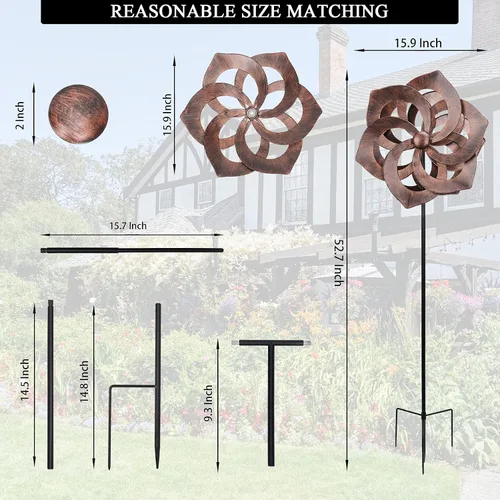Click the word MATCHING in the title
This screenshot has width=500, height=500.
coord(337,11)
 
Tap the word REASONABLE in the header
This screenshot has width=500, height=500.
coord(172,11)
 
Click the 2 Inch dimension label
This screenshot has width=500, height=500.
coord(20,116)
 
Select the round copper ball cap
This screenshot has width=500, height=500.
coord(78,114)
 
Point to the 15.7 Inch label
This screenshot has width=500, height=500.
coord(128,226)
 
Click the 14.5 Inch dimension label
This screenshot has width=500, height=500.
coord(25,379)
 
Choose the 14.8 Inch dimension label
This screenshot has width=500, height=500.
coord(84,381)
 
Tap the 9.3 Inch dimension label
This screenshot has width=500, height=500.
coord(208,403)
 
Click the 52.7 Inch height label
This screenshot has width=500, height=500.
coord(339,263)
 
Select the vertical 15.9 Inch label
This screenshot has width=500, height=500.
coord(167,114)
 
